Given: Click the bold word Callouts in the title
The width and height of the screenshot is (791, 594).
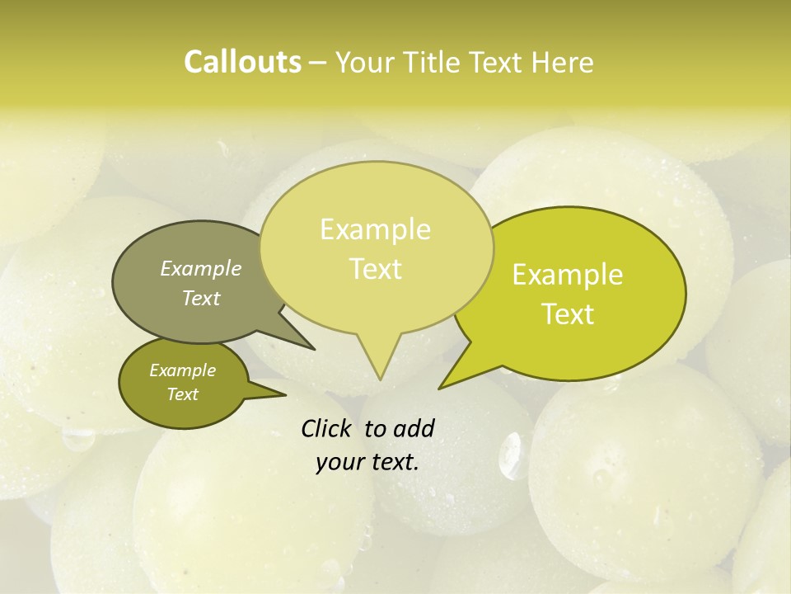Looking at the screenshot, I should point(242,62).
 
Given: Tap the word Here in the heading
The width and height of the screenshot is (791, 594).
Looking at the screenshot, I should point(563,63).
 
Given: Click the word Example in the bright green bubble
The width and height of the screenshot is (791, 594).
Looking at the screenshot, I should point(568,275).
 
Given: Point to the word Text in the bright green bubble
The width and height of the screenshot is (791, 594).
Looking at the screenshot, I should point(569,314).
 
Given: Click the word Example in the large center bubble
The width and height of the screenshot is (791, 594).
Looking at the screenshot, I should point(375,229).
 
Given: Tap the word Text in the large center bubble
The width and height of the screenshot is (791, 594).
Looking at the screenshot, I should point(376,269).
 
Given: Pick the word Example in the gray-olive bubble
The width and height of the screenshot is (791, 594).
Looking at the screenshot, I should point(201,268).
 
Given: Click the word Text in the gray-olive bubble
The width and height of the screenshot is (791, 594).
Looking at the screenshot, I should point(201,298).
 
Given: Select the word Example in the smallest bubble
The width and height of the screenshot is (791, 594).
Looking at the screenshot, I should point(182,370).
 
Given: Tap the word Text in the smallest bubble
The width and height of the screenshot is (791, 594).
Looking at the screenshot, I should point(182,394).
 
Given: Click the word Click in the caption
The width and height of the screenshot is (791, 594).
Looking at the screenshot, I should point(327,428).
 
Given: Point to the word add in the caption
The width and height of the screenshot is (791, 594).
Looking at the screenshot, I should point(413,428).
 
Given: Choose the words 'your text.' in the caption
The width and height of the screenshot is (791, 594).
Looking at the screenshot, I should point(367,462).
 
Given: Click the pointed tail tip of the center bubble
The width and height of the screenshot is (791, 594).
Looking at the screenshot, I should point(380,379).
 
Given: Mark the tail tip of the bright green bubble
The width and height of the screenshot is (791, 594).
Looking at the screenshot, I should point(439,388).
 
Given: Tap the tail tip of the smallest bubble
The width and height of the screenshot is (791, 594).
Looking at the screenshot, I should point(285,395).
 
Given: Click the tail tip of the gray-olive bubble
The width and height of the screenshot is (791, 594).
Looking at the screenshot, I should point(314,349).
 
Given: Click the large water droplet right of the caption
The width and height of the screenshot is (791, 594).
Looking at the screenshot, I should point(513,456).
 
